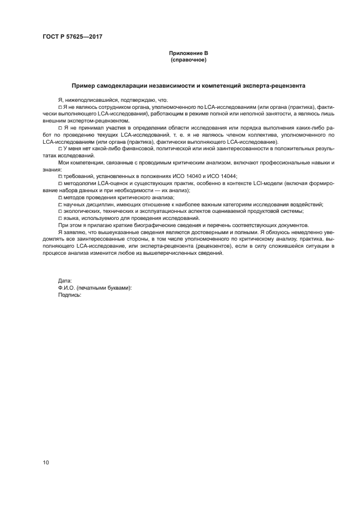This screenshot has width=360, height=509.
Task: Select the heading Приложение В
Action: (x=188, y=53)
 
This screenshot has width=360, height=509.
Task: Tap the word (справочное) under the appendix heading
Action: (x=188, y=60)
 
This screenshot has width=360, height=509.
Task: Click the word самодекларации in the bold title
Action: (x=123, y=85)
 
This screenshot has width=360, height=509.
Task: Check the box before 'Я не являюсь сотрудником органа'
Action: (x=60, y=107)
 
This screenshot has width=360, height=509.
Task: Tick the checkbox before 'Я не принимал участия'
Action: (x=60, y=127)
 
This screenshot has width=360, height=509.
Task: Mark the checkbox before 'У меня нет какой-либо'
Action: (x=60, y=149)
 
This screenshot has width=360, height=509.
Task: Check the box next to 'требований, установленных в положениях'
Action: (x=60, y=176)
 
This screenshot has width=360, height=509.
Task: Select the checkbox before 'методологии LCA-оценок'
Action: (x=60, y=183)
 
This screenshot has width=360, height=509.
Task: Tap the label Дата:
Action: (x=65, y=280)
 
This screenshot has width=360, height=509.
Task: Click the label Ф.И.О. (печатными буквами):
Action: (x=95, y=287)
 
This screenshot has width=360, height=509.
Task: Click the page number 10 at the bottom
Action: (x=46, y=463)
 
